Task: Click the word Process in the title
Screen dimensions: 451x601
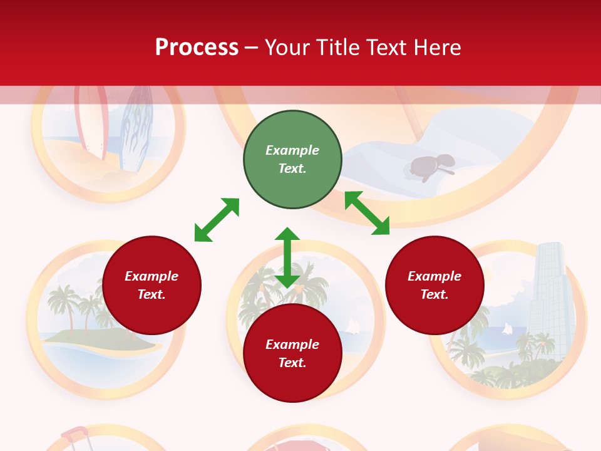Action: [x=197, y=48]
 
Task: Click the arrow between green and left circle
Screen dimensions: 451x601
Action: [x=217, y=220]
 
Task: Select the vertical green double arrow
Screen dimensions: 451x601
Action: [x=287, y=257]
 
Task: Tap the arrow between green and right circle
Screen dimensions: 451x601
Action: [x=367, y=213]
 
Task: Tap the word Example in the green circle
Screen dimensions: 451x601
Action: [x=292, y=150]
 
